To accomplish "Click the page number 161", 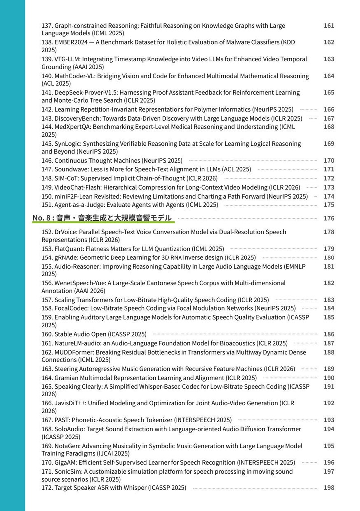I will click(x=329, y=26).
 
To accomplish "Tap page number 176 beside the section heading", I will click(x=329, y=218).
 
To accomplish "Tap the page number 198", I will click(x=329, y=488).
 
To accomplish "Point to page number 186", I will click(x=329, y=334).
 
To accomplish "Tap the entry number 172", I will click(x=47, y=488).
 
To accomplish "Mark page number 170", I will click(x=329, y=161).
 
